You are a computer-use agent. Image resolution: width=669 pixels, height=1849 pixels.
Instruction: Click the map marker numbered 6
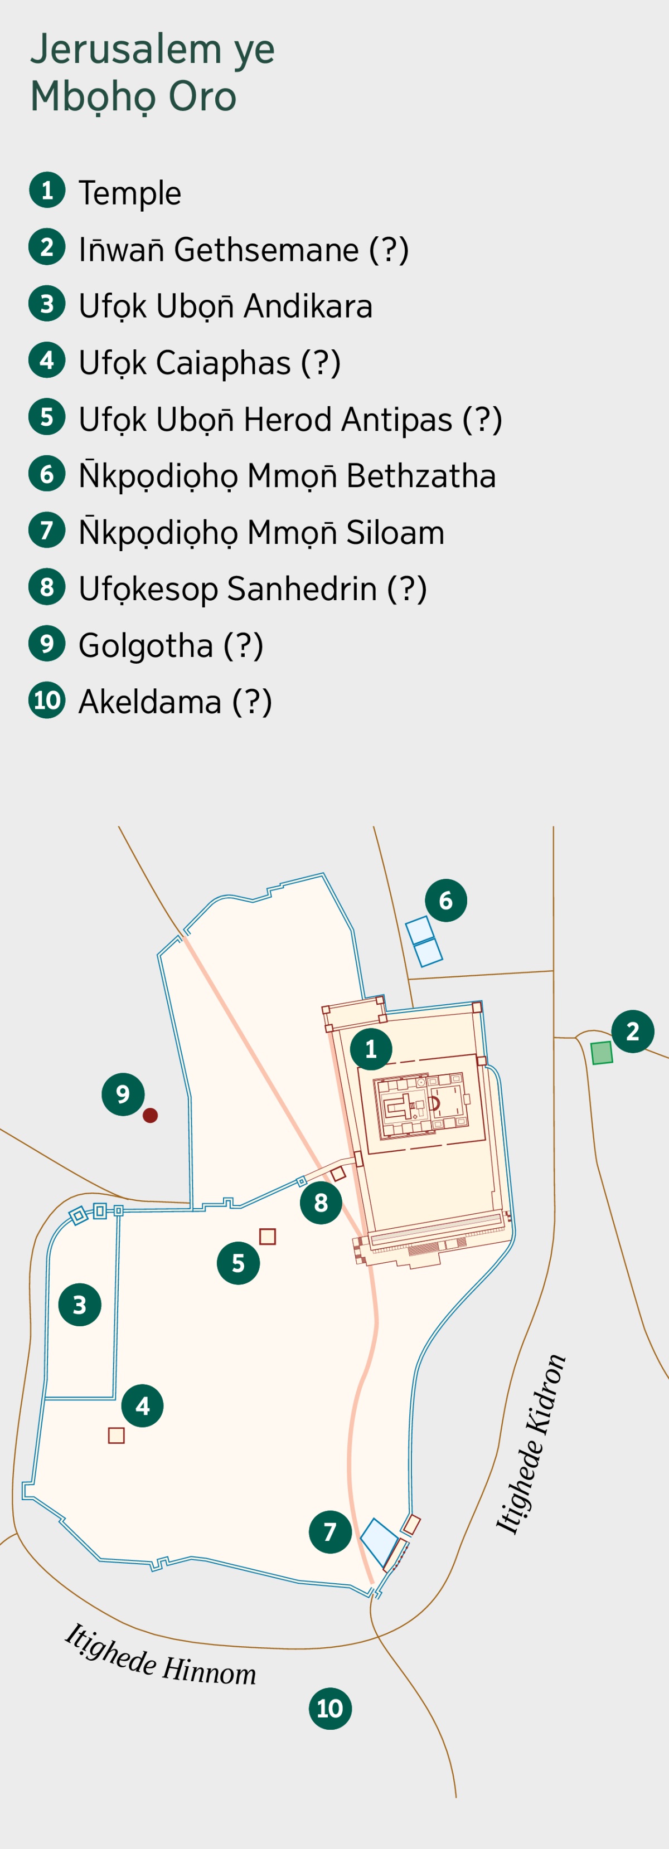446,900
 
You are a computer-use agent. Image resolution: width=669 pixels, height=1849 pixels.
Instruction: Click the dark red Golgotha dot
150,1115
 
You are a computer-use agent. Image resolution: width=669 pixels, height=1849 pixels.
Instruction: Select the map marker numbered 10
330,1709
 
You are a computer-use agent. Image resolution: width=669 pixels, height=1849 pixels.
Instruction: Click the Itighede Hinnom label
160,1655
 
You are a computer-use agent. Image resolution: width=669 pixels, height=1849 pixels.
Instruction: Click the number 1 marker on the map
371,1049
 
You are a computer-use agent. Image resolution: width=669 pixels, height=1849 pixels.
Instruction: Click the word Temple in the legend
130,193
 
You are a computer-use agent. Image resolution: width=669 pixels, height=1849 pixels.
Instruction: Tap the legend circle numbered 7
47,531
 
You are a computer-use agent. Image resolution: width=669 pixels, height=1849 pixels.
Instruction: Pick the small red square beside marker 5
268,1236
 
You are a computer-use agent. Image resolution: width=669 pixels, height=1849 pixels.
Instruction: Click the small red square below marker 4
117,1435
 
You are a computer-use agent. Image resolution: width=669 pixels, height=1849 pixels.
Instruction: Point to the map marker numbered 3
80,1305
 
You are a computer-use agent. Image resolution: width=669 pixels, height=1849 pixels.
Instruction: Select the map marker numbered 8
321,1202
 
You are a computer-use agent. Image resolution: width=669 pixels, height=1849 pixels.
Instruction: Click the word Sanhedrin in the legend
302,589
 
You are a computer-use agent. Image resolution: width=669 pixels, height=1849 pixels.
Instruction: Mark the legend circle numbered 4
47,361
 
